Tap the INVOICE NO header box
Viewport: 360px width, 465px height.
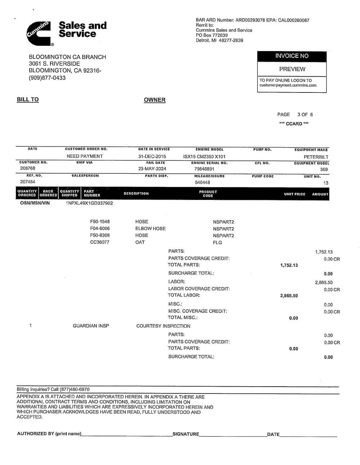click(x=292, y=56)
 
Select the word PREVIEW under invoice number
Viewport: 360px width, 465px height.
click(x=292, y=69)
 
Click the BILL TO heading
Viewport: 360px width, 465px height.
click(x=28, y=100)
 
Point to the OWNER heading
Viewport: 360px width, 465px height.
click(x=154, y=100)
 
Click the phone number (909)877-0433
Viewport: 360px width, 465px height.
click(x=47, y=78)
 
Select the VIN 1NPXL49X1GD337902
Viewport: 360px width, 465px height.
click(x=89, y=203)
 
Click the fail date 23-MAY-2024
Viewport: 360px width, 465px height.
click(x=152, y=169)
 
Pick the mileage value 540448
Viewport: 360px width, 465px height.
click(x=202, y=183)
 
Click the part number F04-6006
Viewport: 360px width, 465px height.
click(x=100, y=229)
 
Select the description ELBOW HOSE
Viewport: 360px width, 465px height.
click(x=150, y=229)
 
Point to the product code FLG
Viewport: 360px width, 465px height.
click(x=217, y=243)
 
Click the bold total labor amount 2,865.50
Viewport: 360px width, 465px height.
click(x=289, y=296)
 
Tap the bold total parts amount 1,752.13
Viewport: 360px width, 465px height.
click(x=289, y=265)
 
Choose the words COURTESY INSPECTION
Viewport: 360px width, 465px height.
click(x=163, y=326)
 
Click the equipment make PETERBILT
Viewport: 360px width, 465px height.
click(x=316, y=157)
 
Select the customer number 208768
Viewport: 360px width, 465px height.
click(x=27, y=168)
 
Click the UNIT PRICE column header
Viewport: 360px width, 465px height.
click(x=294, y=194)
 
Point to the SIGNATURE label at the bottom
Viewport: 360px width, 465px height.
click(x=185, y=434)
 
